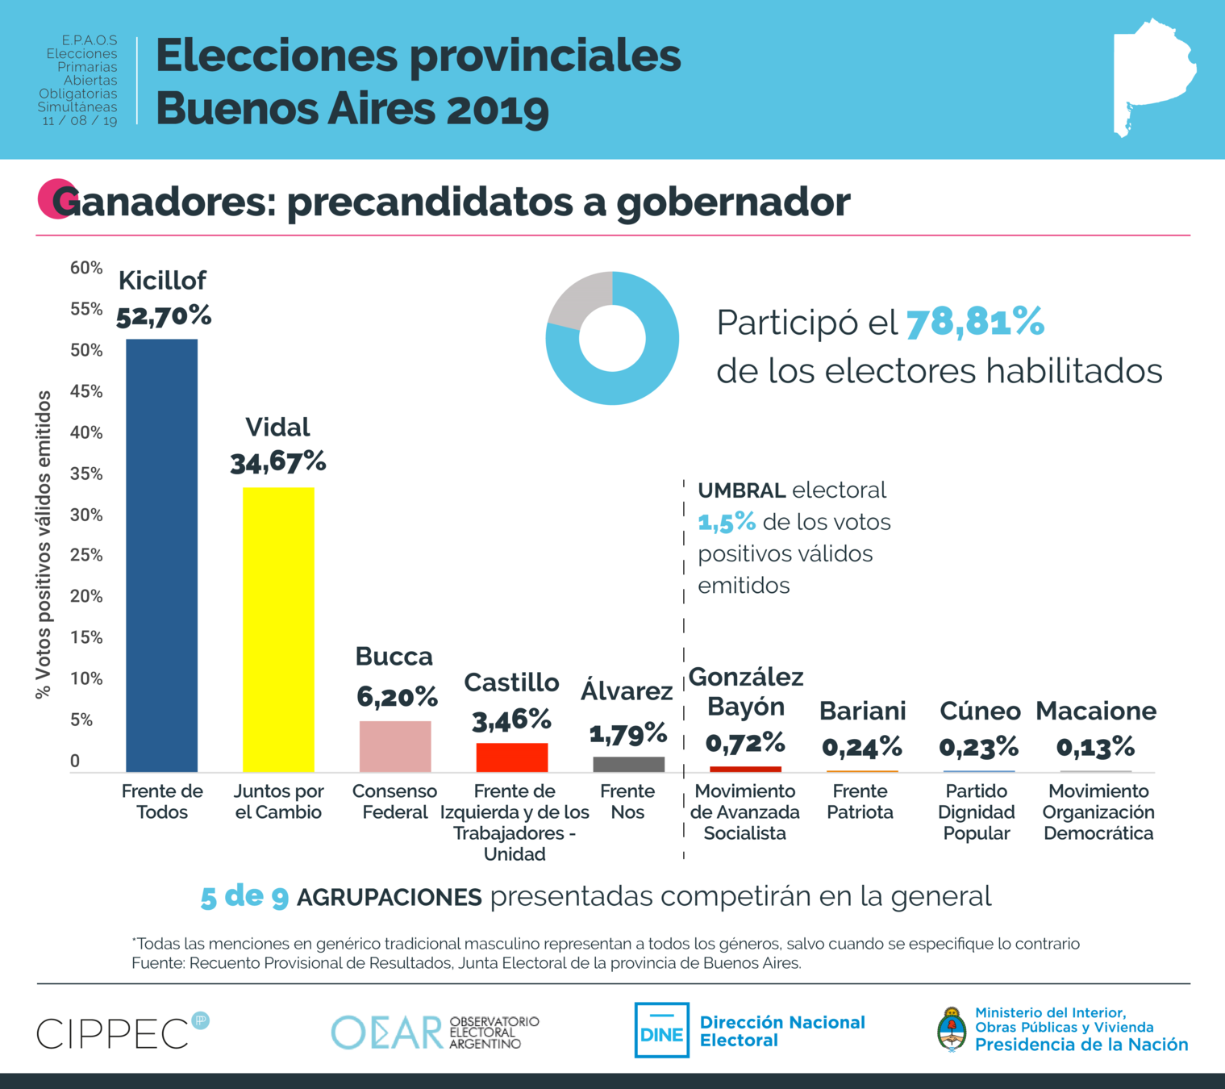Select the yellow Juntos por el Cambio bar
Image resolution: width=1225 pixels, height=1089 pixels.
(x=278, y=629)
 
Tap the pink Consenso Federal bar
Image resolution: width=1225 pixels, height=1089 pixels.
(x=395, y=746)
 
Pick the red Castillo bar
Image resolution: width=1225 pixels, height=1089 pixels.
(x=512, y=757)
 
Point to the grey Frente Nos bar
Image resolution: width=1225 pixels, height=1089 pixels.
(x=628, y=764)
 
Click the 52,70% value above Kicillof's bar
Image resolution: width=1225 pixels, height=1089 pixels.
(x=164, y=316)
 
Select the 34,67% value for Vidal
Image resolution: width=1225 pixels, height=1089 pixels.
(x=278, y=462)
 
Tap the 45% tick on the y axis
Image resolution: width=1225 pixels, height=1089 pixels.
(x=86, y=392)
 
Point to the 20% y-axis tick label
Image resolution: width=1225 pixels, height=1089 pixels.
(x=86, y=596)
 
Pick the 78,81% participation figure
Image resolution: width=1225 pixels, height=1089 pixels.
(x=975, y=323)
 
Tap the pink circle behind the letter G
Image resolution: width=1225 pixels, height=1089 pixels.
(x=55, y=198)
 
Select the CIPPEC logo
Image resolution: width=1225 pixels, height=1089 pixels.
(x=121, y=1033)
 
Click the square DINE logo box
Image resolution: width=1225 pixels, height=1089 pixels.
(x=661, y=1030)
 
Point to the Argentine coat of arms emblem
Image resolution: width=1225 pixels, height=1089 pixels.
(x=952, y=1030)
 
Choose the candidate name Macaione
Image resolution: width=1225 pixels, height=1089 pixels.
(x=1095, y=711)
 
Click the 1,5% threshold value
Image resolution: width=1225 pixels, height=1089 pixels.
(x=727, y=523)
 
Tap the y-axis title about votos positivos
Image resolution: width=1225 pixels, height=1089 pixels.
(x=44, y=544)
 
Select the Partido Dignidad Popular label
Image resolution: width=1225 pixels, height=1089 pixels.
(x=977, y=812)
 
